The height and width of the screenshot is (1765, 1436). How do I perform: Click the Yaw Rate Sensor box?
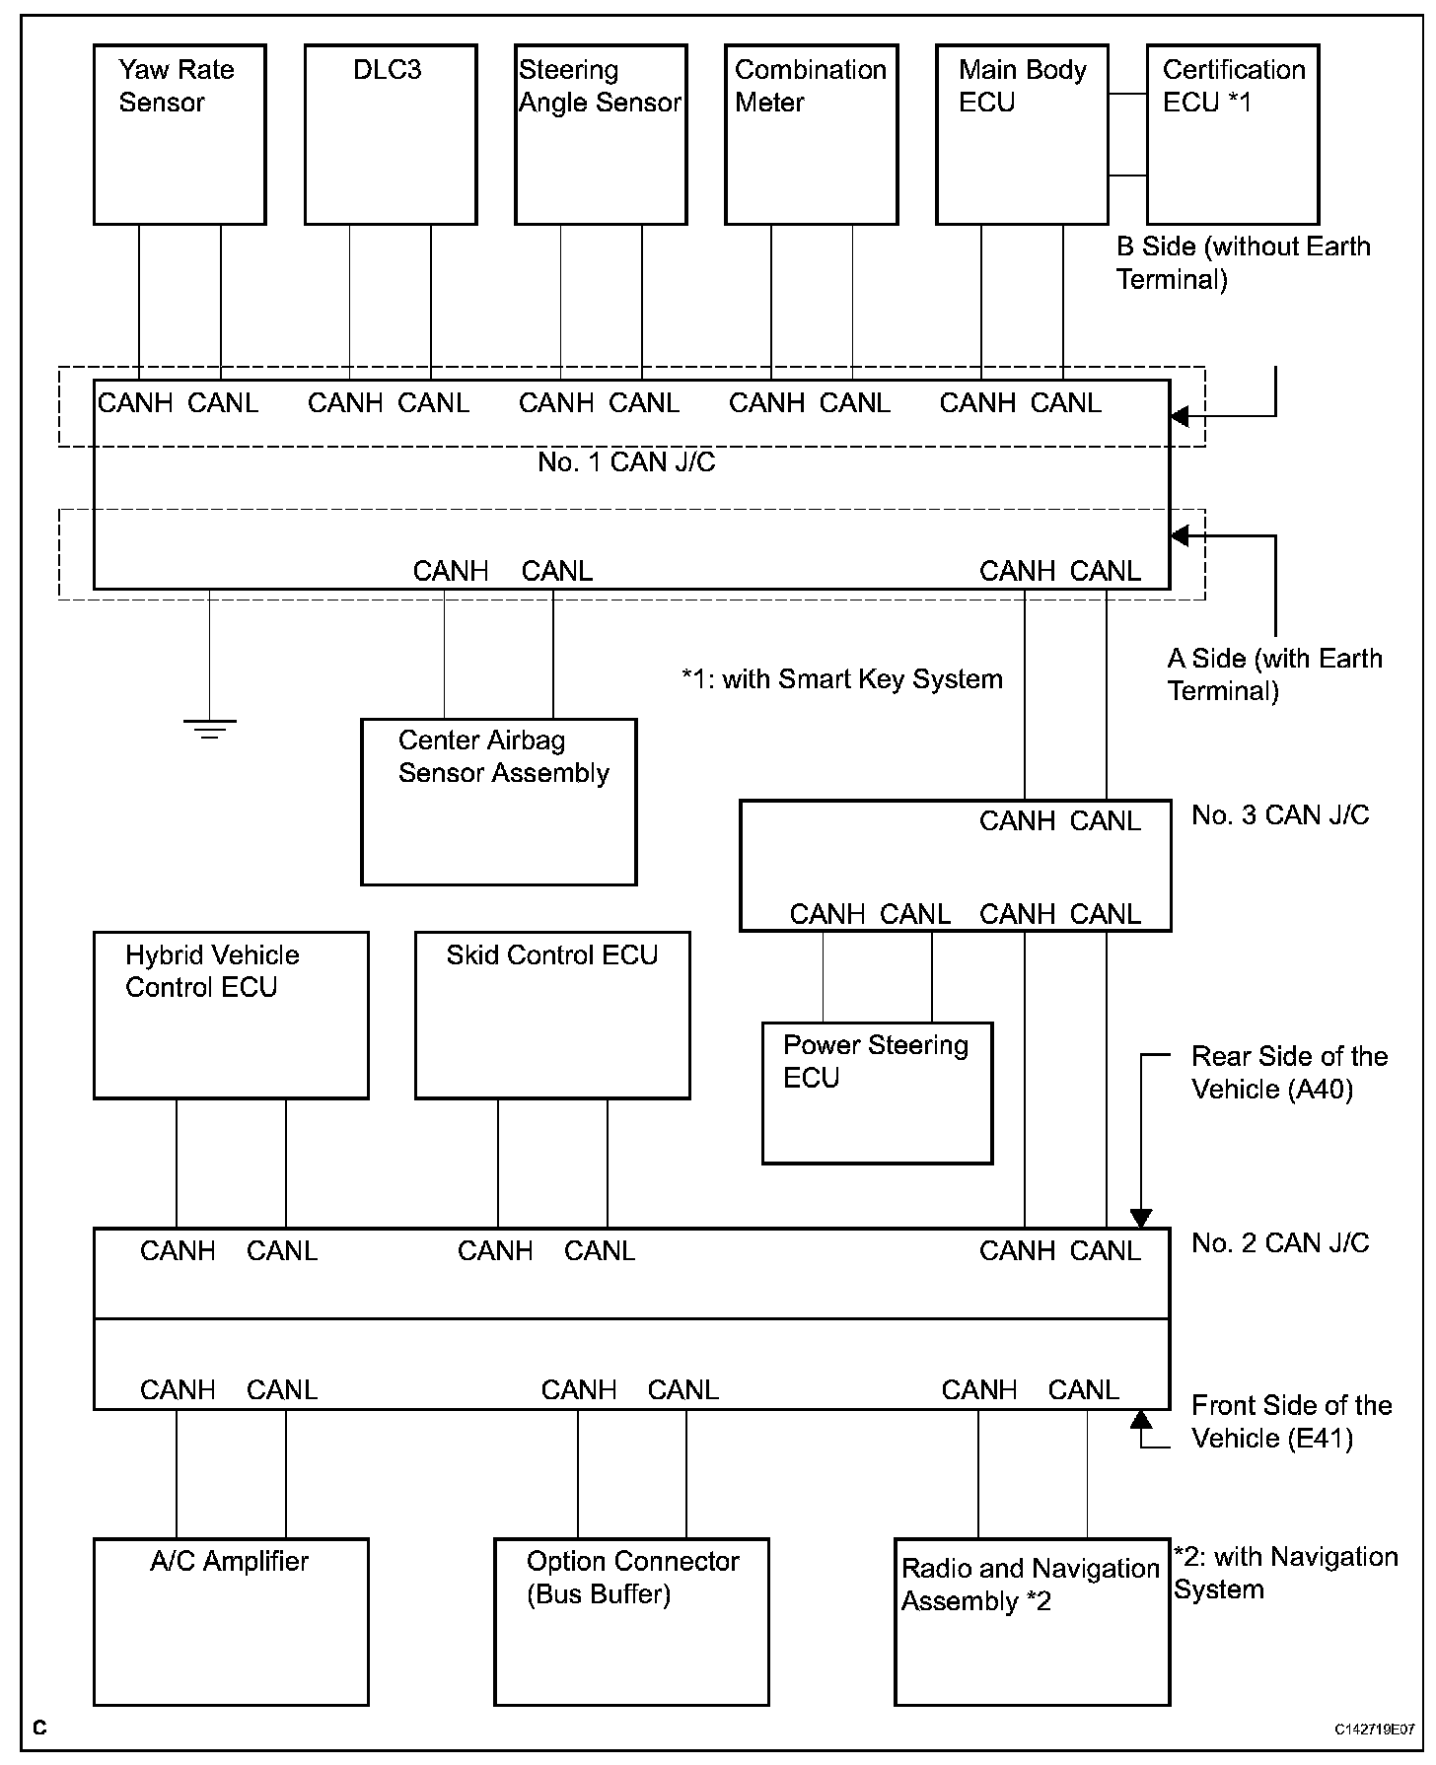click(x=179, y=135)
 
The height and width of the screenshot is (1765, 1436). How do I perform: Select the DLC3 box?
click(x=391, y=135)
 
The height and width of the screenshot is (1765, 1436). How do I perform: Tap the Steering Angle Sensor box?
click(x=601, y=135)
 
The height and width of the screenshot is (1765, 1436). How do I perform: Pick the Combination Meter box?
click(x=811, y=135)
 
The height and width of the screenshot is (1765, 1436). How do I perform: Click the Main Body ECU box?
click(x=1022, y=135)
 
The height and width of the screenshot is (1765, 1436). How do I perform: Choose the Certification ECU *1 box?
click(x=1233, y=135)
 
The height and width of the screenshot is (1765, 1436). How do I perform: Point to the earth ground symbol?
click(x=209, y=729)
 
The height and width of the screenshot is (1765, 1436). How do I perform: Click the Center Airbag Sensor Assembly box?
click(x=499, y=802)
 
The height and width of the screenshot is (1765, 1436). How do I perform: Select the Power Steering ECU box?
click(x=877, y=1093)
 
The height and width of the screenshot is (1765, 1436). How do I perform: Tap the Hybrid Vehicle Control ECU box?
click(x=231, y=1015)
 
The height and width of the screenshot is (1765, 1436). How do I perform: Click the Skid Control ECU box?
click(x=552, y=1015)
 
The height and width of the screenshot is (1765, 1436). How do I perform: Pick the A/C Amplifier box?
click(x=231, y=1621)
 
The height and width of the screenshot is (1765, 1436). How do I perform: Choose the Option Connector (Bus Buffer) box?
click(x=631, y=1621)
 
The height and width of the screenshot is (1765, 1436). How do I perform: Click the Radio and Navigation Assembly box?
click(x=1032, y=1621)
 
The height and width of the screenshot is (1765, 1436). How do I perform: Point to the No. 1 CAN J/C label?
click(x=626, y=462)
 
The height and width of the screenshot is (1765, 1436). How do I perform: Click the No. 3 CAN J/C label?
click(x=1280, y=815)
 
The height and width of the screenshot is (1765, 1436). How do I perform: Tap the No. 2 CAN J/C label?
click(x=1280, y=1243)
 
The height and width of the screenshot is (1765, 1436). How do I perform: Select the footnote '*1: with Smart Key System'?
click(x=841, y=679)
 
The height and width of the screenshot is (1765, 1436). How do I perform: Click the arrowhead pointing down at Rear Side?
click(x=1141, y=1219)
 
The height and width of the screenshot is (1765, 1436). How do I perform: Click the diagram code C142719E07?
click(x=1375, y=1730)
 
